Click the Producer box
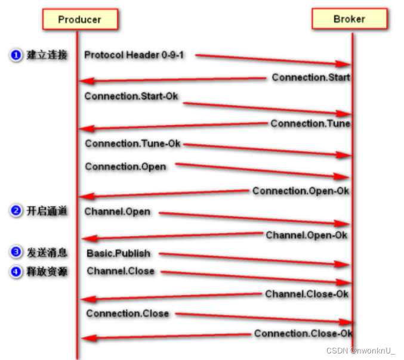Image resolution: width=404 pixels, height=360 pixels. [80, 20]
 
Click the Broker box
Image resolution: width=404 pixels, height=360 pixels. [349, 19]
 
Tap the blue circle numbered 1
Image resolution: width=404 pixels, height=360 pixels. [16, 55]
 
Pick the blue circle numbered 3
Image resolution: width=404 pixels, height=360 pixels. [16, 253]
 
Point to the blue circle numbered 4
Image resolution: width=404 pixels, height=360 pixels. [16, 272]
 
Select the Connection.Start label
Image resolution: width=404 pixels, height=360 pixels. [311, 77]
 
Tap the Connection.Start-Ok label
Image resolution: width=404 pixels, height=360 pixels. [131, 96]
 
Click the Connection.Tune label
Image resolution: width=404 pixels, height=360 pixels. [310, 123]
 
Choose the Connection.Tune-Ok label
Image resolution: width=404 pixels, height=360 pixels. [132, 144]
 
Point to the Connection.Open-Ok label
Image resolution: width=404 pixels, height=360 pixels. [301, 191]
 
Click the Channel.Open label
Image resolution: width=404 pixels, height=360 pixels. [118, 212]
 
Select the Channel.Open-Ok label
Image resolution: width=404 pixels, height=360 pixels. [307, 235]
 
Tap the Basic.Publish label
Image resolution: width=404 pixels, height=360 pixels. [119, 253]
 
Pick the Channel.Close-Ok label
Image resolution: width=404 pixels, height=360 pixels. [307, 294]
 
